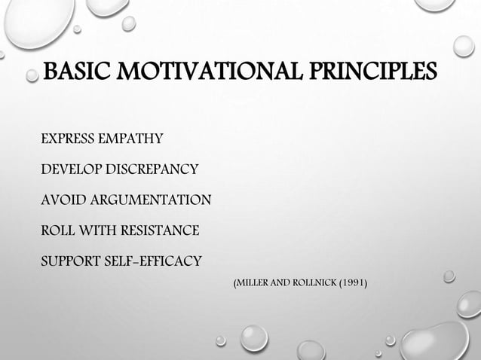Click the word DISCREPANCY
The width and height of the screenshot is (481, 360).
[152, 169]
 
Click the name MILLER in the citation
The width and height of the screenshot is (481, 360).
[251, 283]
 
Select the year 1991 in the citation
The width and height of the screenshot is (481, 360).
[354, 283]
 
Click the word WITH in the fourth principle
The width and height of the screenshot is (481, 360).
[97, 230]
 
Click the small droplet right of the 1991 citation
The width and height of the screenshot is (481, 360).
[449, 276]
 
